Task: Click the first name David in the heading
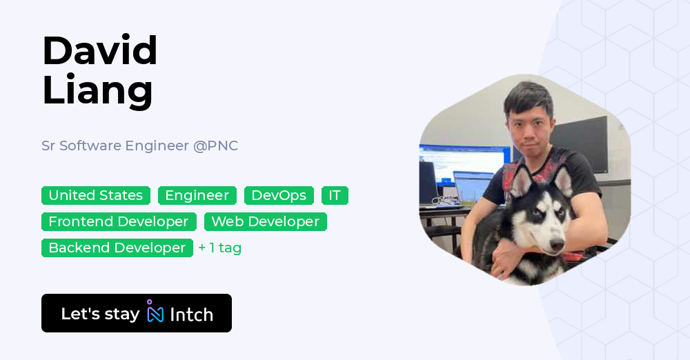pos(100,50)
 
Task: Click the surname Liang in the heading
pos(97,90)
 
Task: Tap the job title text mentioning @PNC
pos(139,146)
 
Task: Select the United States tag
pos(96,195)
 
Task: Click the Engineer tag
pos(197,195)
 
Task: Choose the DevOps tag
pos(279,195)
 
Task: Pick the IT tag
pos(335,195)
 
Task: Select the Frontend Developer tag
pos(119,221)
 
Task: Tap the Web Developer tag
pos(265,221)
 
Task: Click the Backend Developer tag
pos(117,248)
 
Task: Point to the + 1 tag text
pos(220,248)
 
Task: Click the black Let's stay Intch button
pos(137,313)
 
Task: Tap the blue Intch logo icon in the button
pos(155,312)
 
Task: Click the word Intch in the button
pos(191,314)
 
